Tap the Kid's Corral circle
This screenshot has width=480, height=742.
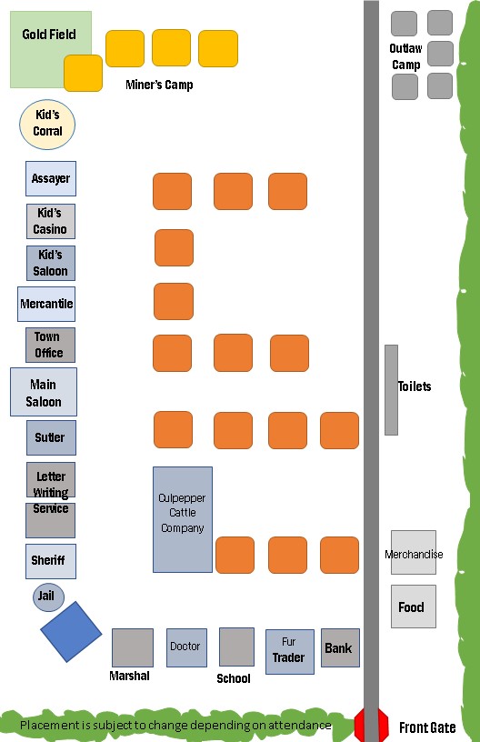point(47,125)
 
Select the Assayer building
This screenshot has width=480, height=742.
point(51,178)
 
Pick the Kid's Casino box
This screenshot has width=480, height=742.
point(51,222)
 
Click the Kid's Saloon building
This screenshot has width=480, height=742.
point(51,263)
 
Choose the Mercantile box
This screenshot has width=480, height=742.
point(46,304)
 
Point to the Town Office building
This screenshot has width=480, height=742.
point(50,345)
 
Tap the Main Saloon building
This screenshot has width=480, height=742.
point(44,392)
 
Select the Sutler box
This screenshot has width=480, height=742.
point(51,437)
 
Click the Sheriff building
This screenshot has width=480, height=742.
point(51,561)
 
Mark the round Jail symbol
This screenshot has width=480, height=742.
point(48,597)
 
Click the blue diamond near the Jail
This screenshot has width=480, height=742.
point(71,632)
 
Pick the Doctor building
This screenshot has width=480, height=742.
point(186,647)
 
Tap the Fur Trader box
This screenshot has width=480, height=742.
point(290,652)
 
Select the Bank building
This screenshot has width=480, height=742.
point(341,647)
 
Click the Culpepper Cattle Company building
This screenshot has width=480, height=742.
point(183,519)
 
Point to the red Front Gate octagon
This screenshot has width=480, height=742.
point(371,725)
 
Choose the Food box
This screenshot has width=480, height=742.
point(414,607)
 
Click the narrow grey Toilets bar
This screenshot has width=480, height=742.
point(391,390)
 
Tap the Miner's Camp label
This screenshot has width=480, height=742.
point(159,85)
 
